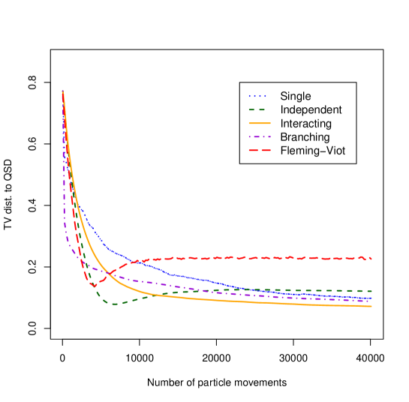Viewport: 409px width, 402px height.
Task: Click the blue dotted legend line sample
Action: point(259,96)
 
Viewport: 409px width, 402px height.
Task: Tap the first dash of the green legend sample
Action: point(252,109)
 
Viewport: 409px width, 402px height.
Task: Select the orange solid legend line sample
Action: point(260,123)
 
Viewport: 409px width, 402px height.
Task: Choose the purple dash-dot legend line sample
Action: point(260,136)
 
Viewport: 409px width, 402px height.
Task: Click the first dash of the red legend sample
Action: point(254,150)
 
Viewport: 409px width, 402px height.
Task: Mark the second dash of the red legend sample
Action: point(266,150)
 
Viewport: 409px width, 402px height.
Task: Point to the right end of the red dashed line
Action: point(371,259)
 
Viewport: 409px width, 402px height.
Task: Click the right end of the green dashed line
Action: point(371,291)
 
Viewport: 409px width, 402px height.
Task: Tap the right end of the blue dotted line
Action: point(371,298)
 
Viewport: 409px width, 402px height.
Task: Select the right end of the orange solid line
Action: point(371,306)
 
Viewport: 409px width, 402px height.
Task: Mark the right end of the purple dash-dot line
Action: point(371,301)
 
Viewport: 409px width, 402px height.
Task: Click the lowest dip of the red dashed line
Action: point(94,286)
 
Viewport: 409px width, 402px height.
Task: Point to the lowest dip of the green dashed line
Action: point(114,304)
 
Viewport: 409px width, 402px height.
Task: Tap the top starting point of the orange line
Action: point(62,91)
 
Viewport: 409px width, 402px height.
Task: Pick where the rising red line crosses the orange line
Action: point(107,274)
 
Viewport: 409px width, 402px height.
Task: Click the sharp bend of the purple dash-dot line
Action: point(68,241)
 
